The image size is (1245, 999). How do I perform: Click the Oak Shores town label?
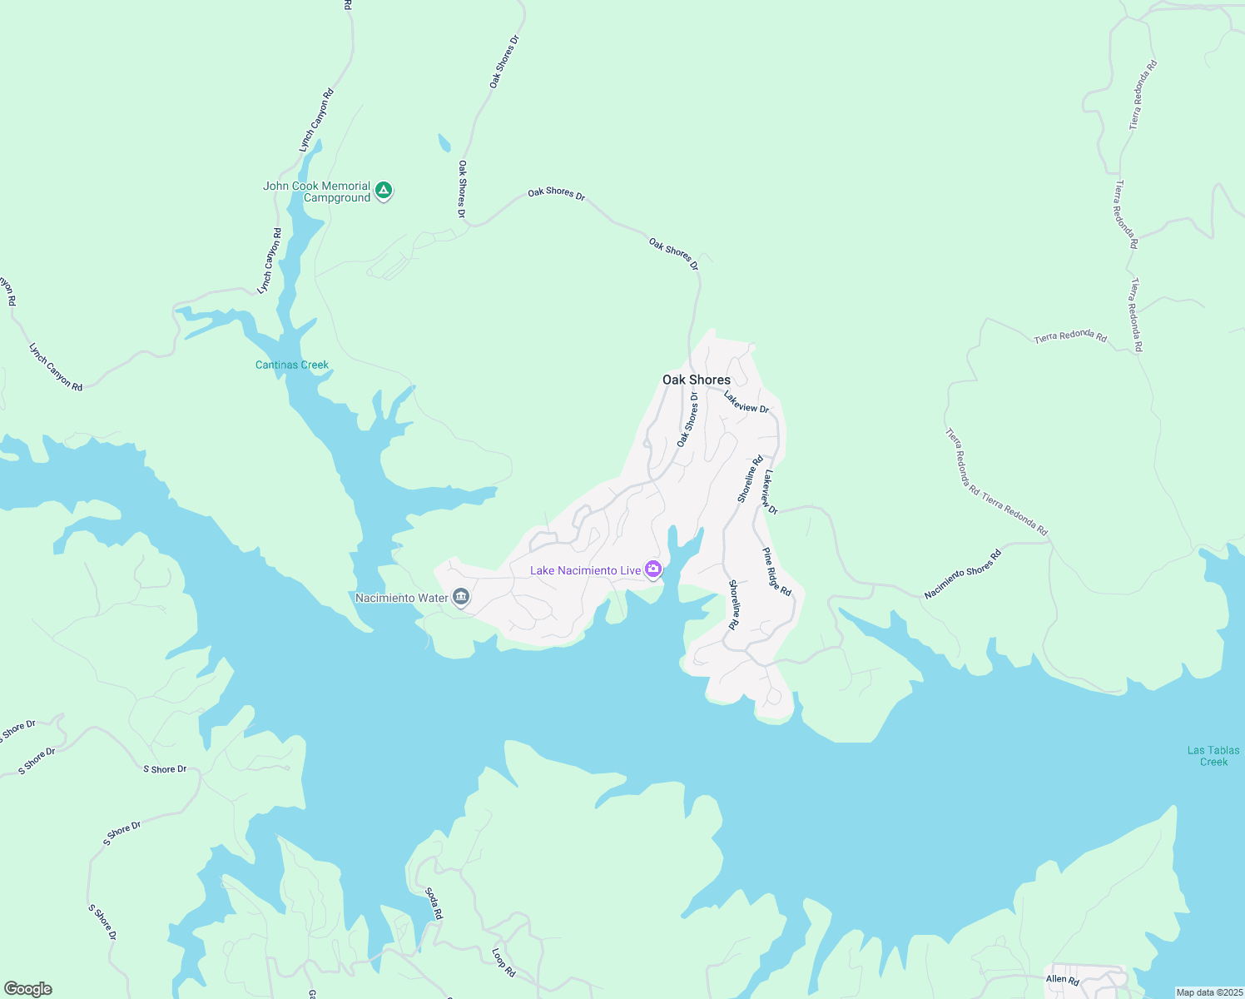pos(697,380)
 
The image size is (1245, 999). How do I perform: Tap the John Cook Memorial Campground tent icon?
pos(383,191)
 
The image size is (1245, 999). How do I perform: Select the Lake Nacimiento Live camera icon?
pos(653,569)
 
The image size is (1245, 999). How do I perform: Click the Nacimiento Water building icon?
pos(461,597)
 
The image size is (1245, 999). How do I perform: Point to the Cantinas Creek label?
pos(291,365)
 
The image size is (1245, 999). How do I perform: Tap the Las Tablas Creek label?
pos(1213,756)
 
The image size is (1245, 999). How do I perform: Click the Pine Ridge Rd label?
pos(776,571)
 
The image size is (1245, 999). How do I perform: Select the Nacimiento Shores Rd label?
pos(962,574)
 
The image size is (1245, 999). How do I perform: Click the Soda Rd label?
pos(434,903)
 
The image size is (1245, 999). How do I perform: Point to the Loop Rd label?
pos(503,962)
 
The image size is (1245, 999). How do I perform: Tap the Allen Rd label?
pos(1063,979)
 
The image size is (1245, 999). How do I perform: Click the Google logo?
pos(27,989)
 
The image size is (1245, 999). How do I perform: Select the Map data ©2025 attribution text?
pos(1208,992)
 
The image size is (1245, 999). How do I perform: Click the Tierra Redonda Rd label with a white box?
pos(1070,337)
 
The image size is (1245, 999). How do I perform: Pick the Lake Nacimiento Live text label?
pos(586,570)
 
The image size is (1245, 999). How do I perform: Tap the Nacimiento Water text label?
pos(402,598)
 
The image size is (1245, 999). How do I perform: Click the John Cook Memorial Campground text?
pos(318,191)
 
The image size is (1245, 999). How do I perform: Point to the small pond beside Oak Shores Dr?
pos(444,143)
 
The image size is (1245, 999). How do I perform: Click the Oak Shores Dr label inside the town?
pos(687,420)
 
